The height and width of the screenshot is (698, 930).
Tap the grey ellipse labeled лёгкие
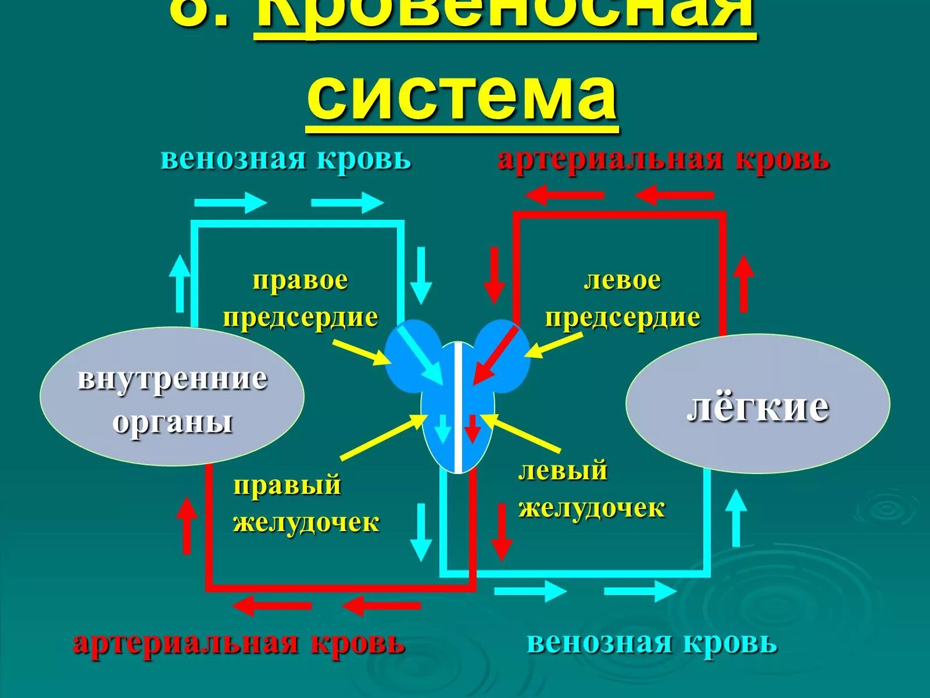tap(757, 403)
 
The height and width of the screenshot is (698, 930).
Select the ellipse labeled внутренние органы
tap(172, 396)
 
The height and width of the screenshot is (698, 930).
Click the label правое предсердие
tap(301, 299)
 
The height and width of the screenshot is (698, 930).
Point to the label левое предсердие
tap(622, 299)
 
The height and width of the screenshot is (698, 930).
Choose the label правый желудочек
tap(306, 504)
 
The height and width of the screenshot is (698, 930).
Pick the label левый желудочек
tap(591, 489)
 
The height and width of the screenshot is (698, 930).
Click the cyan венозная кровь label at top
tap(286, 159)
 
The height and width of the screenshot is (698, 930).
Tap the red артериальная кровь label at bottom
tap(239, 643)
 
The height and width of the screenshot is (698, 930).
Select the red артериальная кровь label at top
tap(663, 159)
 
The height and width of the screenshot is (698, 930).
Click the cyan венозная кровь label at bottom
tap(652, 643)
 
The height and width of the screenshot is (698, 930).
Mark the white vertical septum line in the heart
tap(459, 407)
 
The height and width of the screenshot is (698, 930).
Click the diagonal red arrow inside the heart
tap(495, 355)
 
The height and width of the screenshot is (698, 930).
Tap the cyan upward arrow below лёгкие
tap(736, 518)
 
